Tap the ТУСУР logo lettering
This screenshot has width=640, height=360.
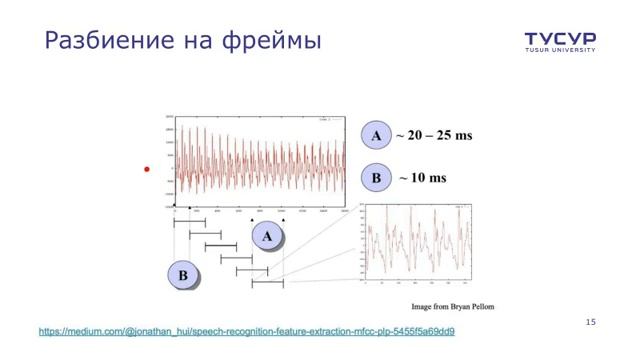[560, 38]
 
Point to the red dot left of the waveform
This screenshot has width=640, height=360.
[146, 170]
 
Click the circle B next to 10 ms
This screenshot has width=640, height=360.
[376, 178]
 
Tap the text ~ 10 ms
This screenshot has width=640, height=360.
[422, 178]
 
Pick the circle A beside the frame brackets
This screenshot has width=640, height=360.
[267, 236]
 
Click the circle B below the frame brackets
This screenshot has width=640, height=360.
[183, 274]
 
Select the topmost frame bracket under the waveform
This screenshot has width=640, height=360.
[189, 222]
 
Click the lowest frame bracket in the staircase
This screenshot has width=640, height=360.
[267, 283]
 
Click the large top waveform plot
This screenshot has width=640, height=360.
[260, 162]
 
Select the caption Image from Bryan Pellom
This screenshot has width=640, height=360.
[453, 306]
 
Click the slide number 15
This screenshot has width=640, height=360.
[590, 322]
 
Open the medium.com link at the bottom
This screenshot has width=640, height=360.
[247, 331]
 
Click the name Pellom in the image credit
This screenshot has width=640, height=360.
[480, 306]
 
